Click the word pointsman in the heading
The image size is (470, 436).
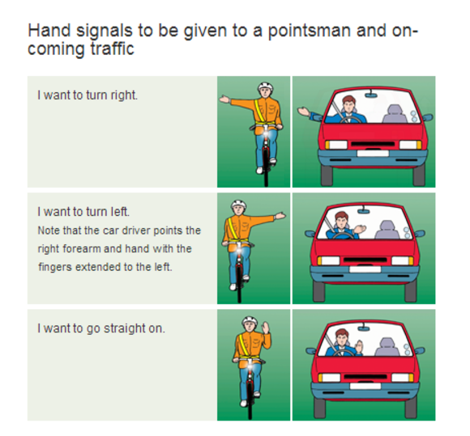pos(310,32)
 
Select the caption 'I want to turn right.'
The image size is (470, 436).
pos(88,95)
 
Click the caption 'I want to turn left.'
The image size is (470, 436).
pos(83,212)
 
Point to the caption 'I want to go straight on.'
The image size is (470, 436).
pos(101,328)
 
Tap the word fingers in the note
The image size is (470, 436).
pos(55,267)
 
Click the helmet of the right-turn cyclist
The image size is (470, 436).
pos(265,87)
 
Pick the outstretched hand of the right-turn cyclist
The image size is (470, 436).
pos(224,99)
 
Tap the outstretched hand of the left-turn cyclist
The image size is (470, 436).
pos(280,216)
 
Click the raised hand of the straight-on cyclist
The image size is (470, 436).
pos(265,328)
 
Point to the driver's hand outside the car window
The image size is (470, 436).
pos(304,112)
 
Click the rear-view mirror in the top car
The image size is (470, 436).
pos(372,95)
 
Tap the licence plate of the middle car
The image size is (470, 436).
pos(365,269)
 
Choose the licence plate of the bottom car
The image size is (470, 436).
pos(365,386)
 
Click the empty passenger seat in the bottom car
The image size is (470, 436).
pos(387,347)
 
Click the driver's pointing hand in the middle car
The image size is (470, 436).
pos(360,229)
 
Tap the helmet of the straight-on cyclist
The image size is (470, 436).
pos(250,321)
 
